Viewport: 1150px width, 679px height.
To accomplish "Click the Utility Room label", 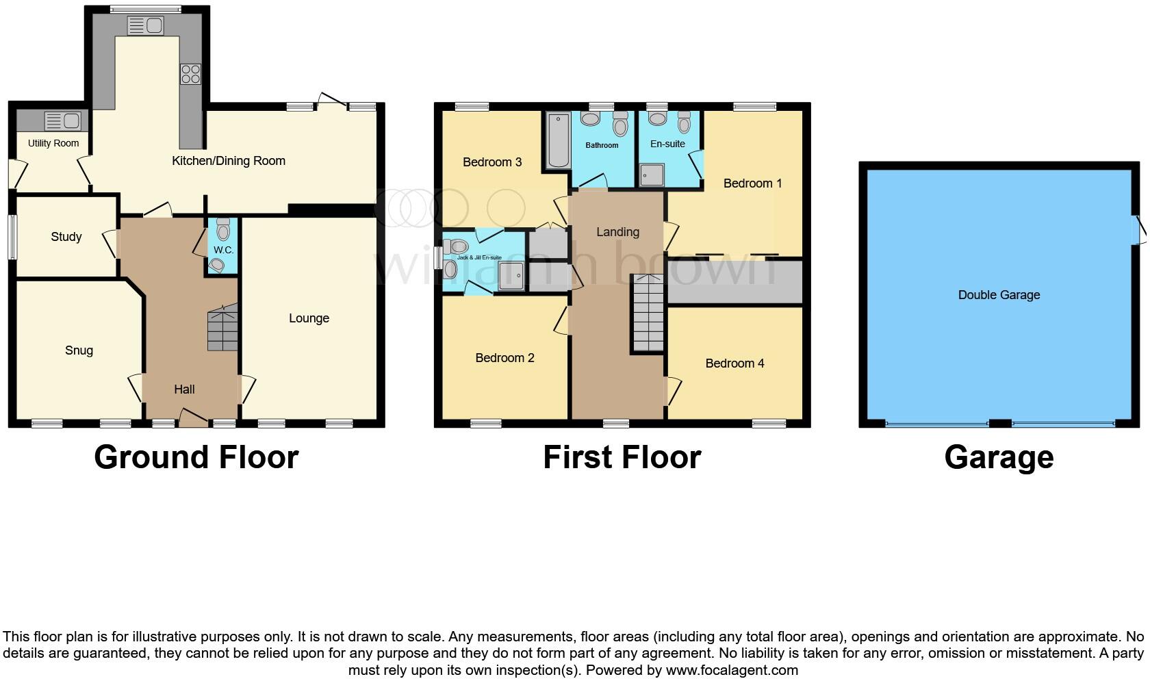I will (x=53, y=143).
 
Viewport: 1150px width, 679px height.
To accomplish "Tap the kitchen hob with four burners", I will (x=190, y=74).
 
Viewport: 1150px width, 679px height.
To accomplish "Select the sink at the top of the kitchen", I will (x=145, y=26).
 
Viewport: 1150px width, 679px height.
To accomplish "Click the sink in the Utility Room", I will (x=62, y=121).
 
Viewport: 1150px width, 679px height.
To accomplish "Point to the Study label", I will (x=66, y=237).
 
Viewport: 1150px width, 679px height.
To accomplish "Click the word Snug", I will (x=79, y=350).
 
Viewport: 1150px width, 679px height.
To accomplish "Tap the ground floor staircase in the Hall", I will (x=222, y=329).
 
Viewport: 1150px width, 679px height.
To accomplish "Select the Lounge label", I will (x=309, y=318).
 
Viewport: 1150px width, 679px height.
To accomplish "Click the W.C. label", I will (x=223, y=250).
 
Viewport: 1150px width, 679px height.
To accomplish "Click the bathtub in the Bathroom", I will (x=559, y=141).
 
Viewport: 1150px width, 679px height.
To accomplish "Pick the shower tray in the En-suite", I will (x=652, y=175).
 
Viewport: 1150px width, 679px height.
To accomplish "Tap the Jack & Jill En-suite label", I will (x=479, y=257).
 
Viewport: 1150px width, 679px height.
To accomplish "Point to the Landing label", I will (x=617, y=232).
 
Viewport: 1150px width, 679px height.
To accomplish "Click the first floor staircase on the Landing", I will (x=648, y=313).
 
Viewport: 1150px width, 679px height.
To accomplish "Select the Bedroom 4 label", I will (x=734, y=363).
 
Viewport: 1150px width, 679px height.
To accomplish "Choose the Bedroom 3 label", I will (x=492, y=162).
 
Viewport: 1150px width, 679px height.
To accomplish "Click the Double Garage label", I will (x=999, y=295).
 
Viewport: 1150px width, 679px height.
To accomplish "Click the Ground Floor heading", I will (x=196, y=457).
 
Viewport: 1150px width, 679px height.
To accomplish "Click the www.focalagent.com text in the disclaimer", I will (x=732, y=670).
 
